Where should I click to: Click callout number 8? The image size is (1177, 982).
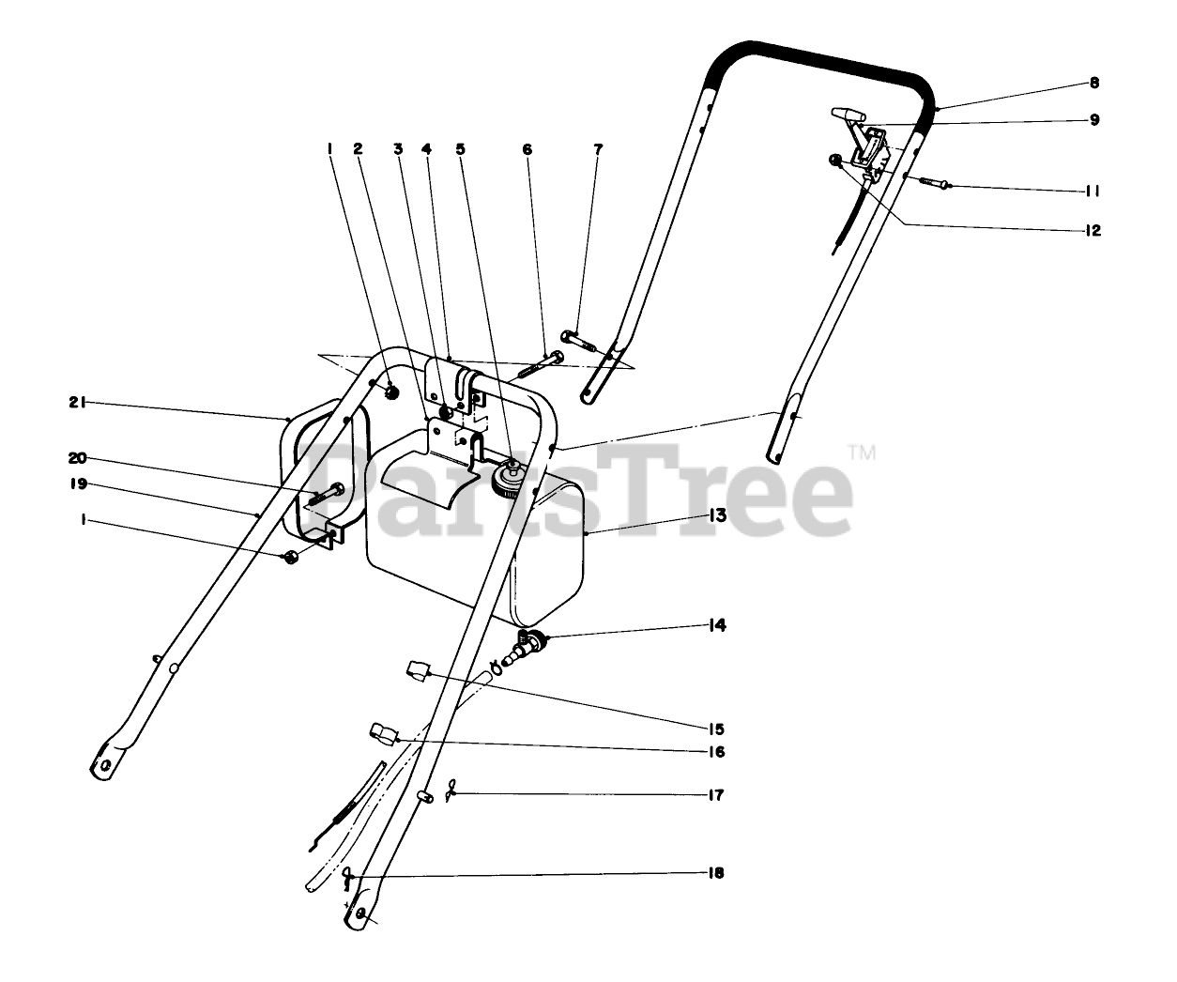coord(1094,83)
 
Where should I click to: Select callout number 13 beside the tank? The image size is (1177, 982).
coord(717,514)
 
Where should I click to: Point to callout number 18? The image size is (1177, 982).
coord(716,873)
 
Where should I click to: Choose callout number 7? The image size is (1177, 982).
coord(598,149)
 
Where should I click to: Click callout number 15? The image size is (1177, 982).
coord(717,729)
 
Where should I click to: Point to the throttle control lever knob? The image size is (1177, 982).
coord(845,114)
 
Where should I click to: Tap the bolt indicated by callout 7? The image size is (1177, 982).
coord(578,338)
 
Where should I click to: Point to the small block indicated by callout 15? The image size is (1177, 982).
coord(417,672)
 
